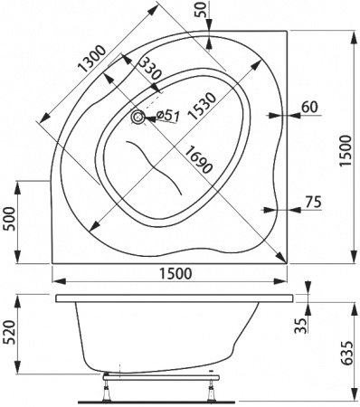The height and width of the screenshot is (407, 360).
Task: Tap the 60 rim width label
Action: [x=308, y=107]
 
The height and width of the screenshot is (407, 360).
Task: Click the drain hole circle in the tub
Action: [x=138, y=117]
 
